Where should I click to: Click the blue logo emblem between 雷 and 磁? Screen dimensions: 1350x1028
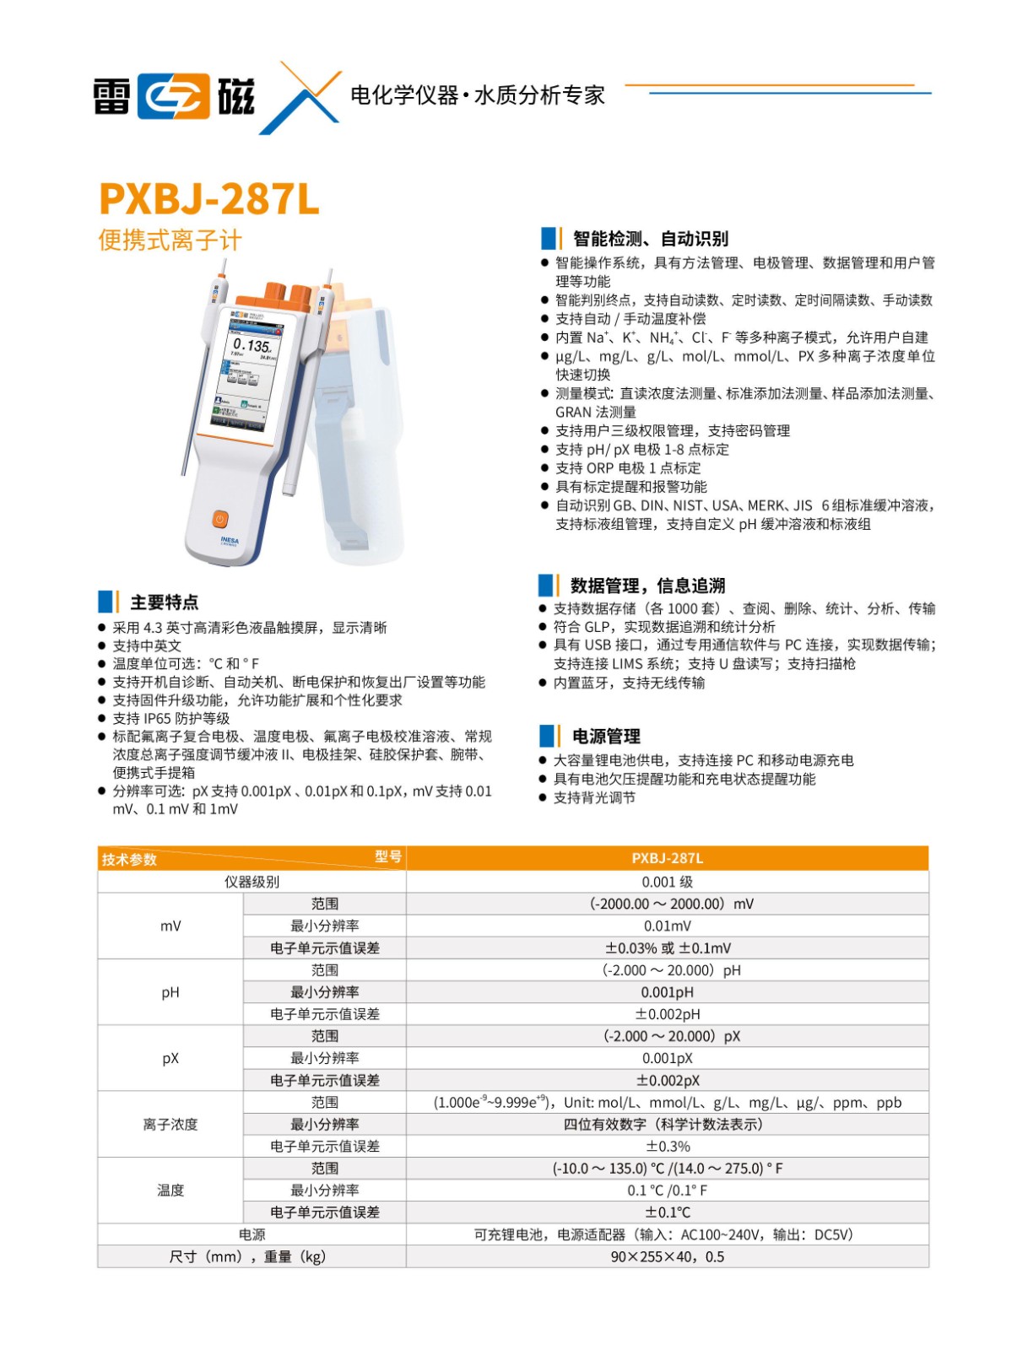point(174,96)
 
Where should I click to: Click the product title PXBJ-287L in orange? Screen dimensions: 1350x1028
point(208,199)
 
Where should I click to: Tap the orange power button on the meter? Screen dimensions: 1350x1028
point(219,518)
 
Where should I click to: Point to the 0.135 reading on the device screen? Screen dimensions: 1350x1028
point(252,345)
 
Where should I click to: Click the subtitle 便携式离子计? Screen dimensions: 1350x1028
point(170,240)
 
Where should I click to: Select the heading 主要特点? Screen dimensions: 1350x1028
point(164,602)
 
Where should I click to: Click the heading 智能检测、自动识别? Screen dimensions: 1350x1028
point(650,239)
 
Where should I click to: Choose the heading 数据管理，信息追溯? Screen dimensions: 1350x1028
point(647,586)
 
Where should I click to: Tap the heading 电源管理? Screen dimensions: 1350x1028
point(606,736)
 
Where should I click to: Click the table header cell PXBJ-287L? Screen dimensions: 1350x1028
point(667,858)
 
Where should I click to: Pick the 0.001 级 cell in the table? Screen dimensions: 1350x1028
point(667,882)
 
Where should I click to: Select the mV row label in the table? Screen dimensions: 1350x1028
point(170,926)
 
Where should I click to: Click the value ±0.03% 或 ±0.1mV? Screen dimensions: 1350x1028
point(667,948)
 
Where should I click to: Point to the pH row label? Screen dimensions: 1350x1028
point(170,992)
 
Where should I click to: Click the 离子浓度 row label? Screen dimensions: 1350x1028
point(170,1124)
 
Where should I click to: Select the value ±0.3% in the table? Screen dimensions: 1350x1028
point(667,1146)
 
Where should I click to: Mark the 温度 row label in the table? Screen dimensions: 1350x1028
point(170,1190)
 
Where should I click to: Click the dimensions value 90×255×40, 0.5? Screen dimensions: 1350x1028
point(667,1256)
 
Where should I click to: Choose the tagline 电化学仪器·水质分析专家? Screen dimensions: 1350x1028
point(478,95)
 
